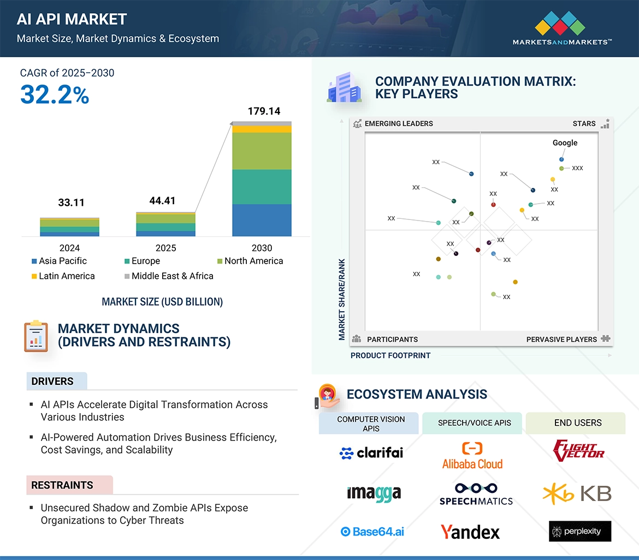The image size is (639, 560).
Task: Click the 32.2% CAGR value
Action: [x=55, y=95]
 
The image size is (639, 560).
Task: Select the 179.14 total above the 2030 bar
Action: [x=264, y=111]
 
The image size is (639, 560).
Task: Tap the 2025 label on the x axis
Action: [x=165, y=248]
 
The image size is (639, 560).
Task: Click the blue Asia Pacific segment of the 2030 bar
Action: [x=262, y=220]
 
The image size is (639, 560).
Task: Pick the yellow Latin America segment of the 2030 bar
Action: [x=262, y=129]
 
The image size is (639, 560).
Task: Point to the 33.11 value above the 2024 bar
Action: [x=71, y=203]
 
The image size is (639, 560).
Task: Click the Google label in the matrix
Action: [x=565, y=143]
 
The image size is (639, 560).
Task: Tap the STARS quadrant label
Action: [x=584, y=124]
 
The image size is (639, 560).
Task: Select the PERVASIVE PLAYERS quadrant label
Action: [x=561, y=339]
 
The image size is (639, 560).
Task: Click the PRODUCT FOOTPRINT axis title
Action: [x=390, y=356]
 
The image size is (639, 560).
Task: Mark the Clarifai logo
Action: [x=371, y=452]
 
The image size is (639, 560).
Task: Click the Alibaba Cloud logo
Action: [x=472, y=456]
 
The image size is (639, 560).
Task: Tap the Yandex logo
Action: [x=470, y=532]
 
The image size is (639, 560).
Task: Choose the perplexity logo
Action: [x=580, y=531]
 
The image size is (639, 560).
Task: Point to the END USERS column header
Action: [x=578, y=423]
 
